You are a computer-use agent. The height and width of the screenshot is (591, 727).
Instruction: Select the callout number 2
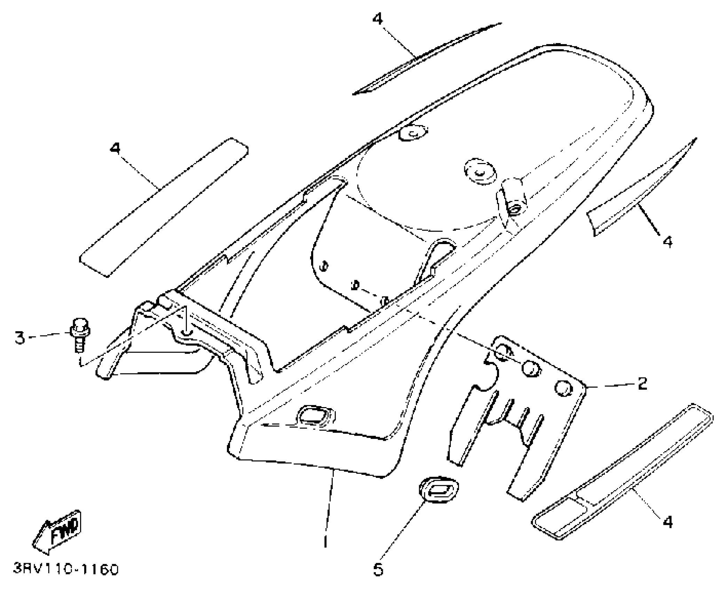(x=642, y=383)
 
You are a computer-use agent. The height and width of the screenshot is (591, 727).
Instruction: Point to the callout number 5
(x=379, y=569)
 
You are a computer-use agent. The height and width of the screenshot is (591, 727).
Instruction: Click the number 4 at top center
(x=378, y=19)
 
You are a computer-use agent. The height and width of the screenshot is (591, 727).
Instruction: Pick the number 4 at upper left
(x=115, y=148)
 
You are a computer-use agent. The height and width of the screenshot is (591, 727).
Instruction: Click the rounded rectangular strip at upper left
(x=164, y=208)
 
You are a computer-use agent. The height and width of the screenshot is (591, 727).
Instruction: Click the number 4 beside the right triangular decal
(x=667, y=241)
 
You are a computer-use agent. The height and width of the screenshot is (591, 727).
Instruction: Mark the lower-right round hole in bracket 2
(x=563, y=388)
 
